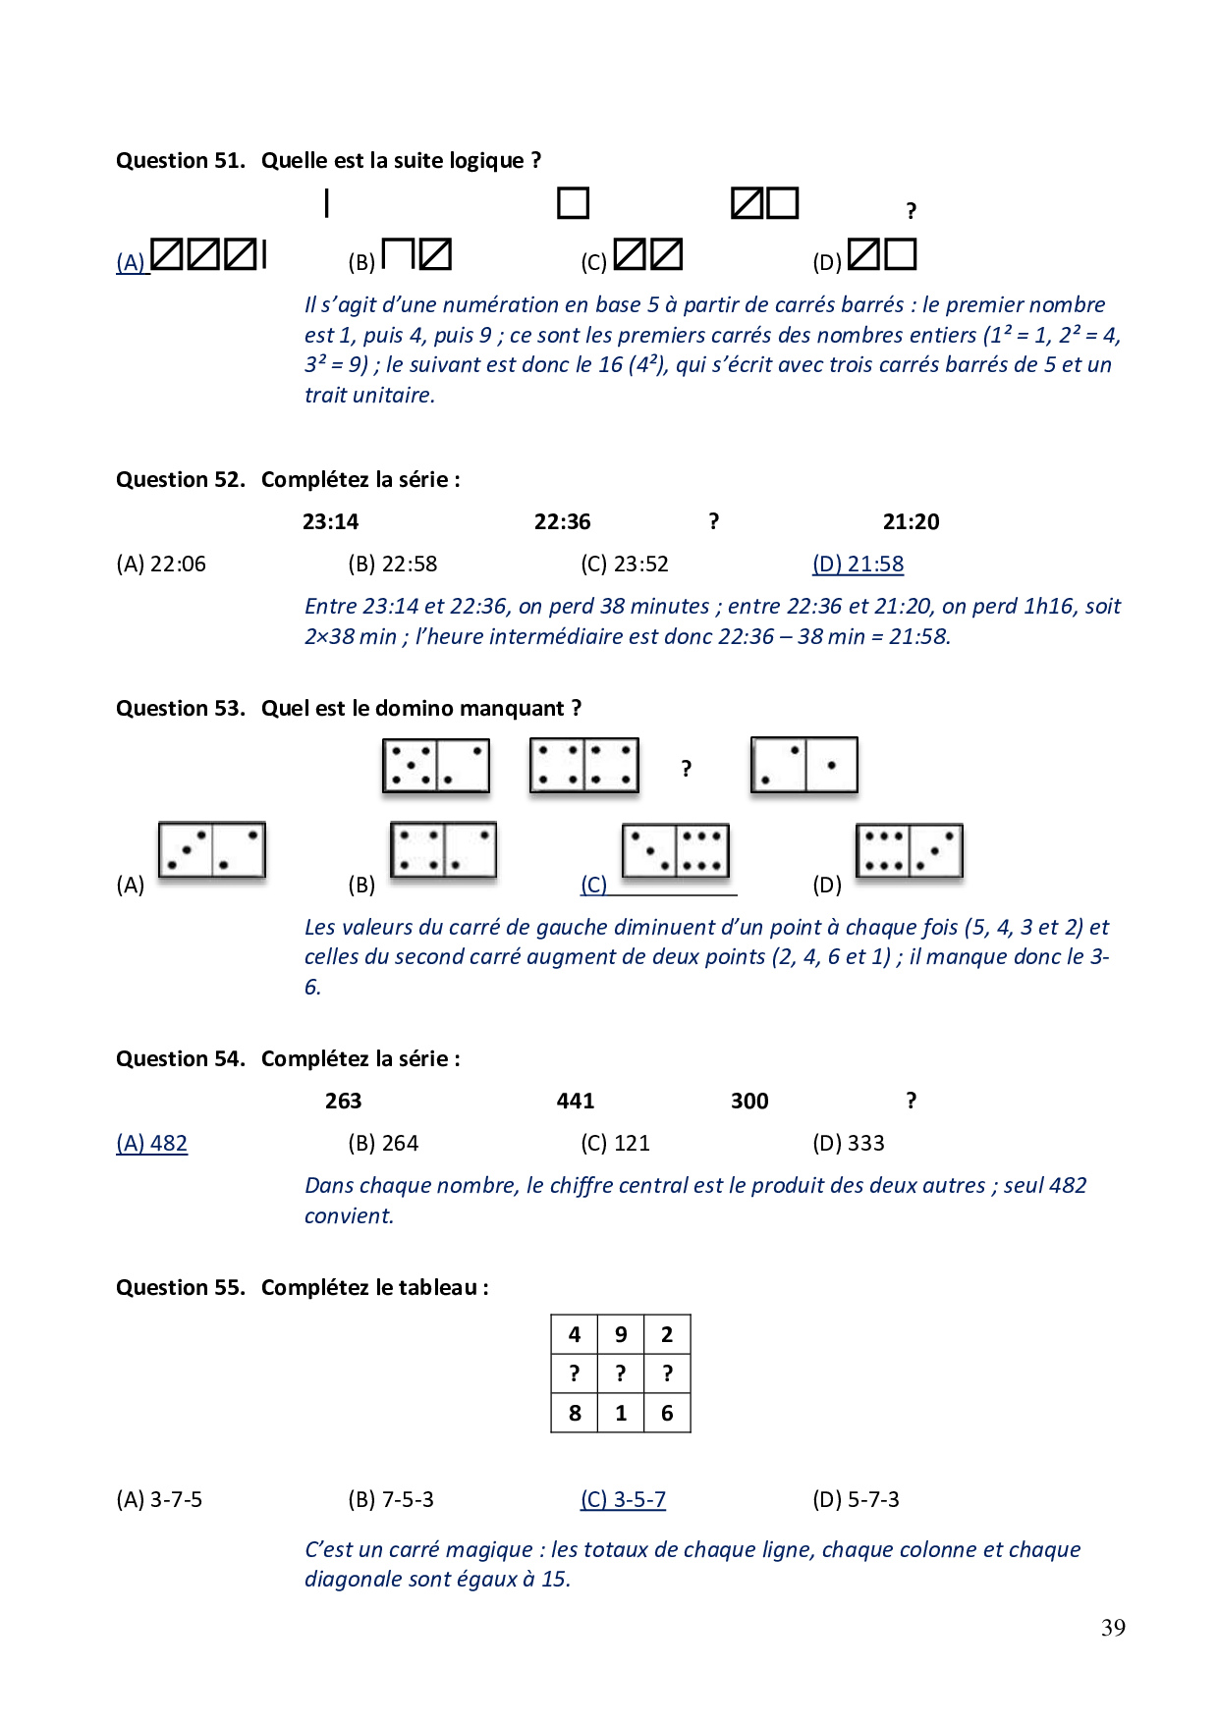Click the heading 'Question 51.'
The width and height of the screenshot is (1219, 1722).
(x=180, y=161)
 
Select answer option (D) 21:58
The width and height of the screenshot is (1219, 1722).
(x=858, y=565)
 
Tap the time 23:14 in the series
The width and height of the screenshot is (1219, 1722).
(x=330, y=522)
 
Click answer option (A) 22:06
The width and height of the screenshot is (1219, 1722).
(x=161, y=565)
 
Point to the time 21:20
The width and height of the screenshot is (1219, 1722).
(x=911, y=522)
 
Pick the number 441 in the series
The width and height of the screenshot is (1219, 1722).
(x=575, y=1102)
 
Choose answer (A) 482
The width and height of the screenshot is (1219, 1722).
(x=151, y=1144)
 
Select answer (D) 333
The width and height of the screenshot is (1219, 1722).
(x=848, y=1144)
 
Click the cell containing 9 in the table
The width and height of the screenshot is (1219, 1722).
(x=621, y=1335)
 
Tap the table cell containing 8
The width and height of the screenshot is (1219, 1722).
(x=575, y=1414)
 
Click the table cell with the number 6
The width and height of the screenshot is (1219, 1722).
(x=667, y=1414)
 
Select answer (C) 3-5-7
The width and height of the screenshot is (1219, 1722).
(x=623, y=1500)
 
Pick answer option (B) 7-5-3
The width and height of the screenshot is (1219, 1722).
(x=391, y=1500)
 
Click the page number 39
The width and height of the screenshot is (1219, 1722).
(x=1113, y=1628)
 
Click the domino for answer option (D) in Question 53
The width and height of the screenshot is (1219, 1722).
(x=909, y=850)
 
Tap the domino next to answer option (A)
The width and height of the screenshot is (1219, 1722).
(x=212, y=850)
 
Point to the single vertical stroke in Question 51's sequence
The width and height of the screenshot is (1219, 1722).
(x=326, y=203)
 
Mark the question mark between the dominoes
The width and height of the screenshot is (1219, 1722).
(x=687, y=769)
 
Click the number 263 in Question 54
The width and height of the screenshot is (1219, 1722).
(x=343, y=1102)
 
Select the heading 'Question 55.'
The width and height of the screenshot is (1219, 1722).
(x=180, y=1288)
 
